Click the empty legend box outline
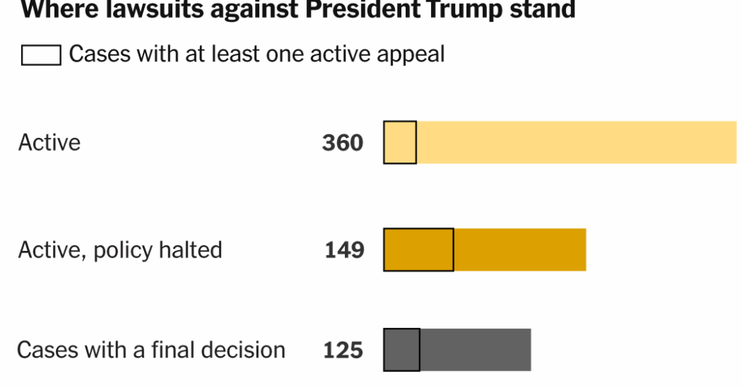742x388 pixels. pos(41,56)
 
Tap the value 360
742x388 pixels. pos(343,143)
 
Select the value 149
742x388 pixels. pos(344,250)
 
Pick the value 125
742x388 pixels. pos(343,350)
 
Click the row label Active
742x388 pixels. pos(49,142)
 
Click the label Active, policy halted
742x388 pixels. pos(120,250)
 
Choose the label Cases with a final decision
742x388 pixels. pos(151,350)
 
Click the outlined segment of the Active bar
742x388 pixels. pos(400,142)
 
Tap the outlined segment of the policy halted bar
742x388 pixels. pos(418,250)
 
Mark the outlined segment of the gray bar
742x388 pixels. pos(401,350)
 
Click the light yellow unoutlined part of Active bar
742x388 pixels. pos(576,142)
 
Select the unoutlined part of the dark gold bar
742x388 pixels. pos(520,250)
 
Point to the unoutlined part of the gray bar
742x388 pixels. pos(475,350)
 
